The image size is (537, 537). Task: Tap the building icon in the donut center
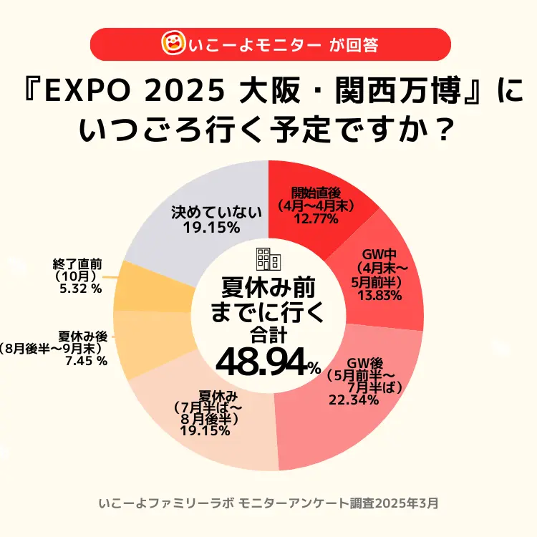(268, 259)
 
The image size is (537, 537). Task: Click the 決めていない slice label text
(207, 212)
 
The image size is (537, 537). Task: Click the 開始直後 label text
(316, 191)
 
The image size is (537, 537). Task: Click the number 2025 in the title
(178, 92)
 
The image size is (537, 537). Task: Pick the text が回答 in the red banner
(354, 45)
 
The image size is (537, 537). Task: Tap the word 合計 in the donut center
(267, 334)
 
